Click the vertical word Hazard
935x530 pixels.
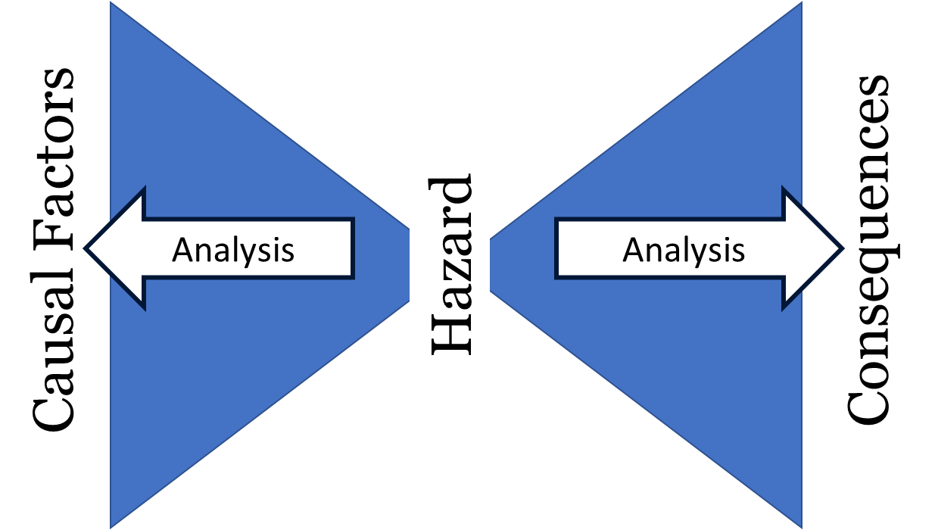tap(450, 265)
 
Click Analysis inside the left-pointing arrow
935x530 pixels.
tap(233, 249)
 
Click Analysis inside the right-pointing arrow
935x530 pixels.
tap(684, 249)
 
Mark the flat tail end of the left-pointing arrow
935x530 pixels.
tap(353, 248)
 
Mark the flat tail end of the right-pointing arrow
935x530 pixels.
tap(557, 248)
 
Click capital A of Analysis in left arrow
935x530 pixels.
tap(182, 249)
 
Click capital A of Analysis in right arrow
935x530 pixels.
tap(633, 249)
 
